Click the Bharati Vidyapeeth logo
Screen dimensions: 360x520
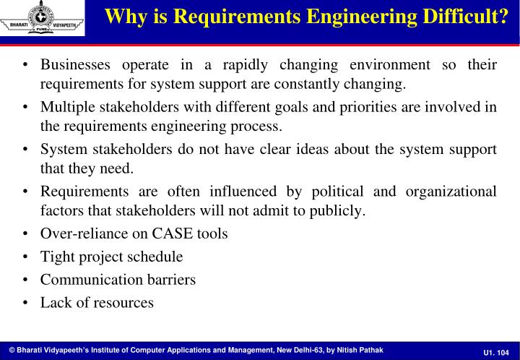click(x=42, y=17)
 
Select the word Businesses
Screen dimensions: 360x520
click(x=76, y=65)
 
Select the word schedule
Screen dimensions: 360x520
click(x=155, y=257)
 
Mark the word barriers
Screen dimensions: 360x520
click(x=170, y=280)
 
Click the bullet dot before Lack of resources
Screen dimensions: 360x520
click(x=26, y=303)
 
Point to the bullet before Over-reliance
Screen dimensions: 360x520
click(x=26, y=233)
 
